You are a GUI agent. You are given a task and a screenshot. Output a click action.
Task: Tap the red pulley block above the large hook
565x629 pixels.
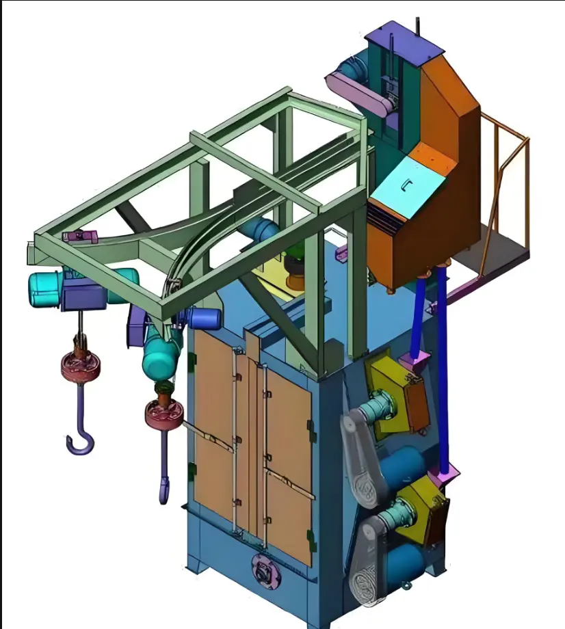(80, 366)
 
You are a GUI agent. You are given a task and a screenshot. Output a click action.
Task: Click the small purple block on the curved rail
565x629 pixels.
(77, 237)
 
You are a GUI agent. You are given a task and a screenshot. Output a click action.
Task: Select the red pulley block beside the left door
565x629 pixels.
(163, 414)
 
